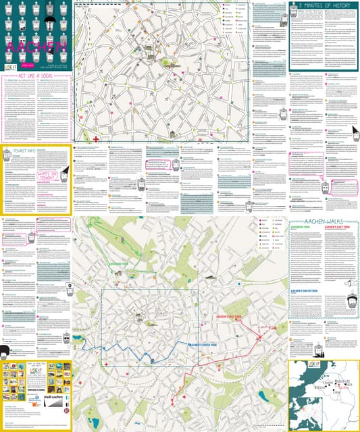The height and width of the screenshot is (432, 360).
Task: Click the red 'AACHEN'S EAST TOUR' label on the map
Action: [228, 316]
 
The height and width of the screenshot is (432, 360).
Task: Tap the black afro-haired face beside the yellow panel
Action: [5, 352]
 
